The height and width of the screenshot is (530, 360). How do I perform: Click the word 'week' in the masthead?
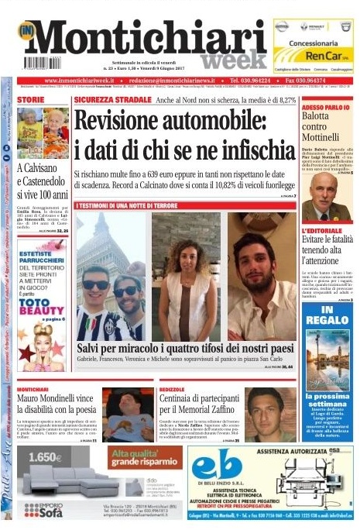pos(229,57)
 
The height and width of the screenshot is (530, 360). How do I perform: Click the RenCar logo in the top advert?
pos(317,56)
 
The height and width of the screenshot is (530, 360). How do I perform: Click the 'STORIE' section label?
pos(31,101)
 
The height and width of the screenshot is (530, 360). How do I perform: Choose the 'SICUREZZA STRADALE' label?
pos(113,101)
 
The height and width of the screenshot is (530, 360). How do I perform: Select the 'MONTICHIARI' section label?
pos(34,389)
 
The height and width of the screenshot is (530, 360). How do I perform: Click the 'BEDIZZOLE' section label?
pos(173,389)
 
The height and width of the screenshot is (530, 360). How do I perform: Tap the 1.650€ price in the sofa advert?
pos(39,458)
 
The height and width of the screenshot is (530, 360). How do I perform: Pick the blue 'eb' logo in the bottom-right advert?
pos(210,466)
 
